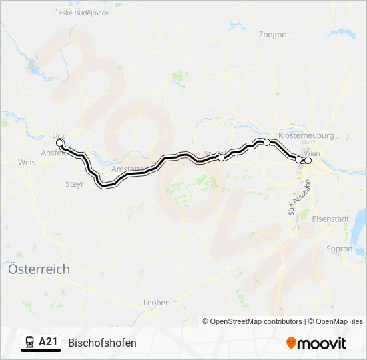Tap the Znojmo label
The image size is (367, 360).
click(272, 35)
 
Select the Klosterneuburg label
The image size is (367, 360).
click(307, 135)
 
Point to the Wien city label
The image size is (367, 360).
click(312, 153)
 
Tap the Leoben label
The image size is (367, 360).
click(157, 302)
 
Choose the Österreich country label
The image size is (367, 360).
click(38, 269)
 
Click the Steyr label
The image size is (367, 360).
click(75, 183)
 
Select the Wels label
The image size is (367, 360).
click(27, 162)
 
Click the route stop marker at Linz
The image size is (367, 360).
click(59, 143)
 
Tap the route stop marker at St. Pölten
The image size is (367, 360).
click(222, 158)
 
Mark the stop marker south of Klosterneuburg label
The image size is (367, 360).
click(266, 142)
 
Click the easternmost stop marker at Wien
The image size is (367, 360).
click(308, 160)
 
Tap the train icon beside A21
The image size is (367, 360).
click(30, 343)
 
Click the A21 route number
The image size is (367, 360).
click(49, 343)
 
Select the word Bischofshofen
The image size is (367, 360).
click(102, 343)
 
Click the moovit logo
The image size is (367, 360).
click(316, 343)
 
